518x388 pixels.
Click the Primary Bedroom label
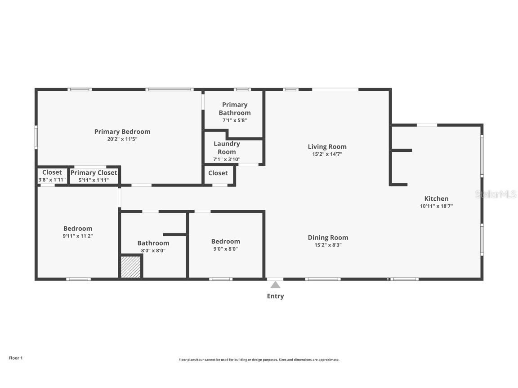122,132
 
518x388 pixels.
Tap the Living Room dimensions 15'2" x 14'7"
327,154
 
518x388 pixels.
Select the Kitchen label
436,198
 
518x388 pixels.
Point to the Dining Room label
328,238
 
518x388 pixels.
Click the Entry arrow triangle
275,285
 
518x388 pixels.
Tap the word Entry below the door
275,296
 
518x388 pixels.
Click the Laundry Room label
227,148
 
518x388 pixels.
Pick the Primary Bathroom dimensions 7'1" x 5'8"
234,120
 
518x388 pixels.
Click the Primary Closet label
94,172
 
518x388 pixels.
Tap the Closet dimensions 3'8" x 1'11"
52,180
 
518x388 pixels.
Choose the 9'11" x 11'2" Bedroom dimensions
77,236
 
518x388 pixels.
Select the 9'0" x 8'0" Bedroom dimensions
225,249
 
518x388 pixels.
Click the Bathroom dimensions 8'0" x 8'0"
153,251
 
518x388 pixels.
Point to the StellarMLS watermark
495,194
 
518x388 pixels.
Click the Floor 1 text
15,358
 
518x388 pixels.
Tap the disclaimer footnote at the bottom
259,360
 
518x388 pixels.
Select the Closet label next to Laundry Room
218,173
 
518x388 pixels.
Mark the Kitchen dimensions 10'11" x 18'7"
436,206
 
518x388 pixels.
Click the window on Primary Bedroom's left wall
36,137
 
